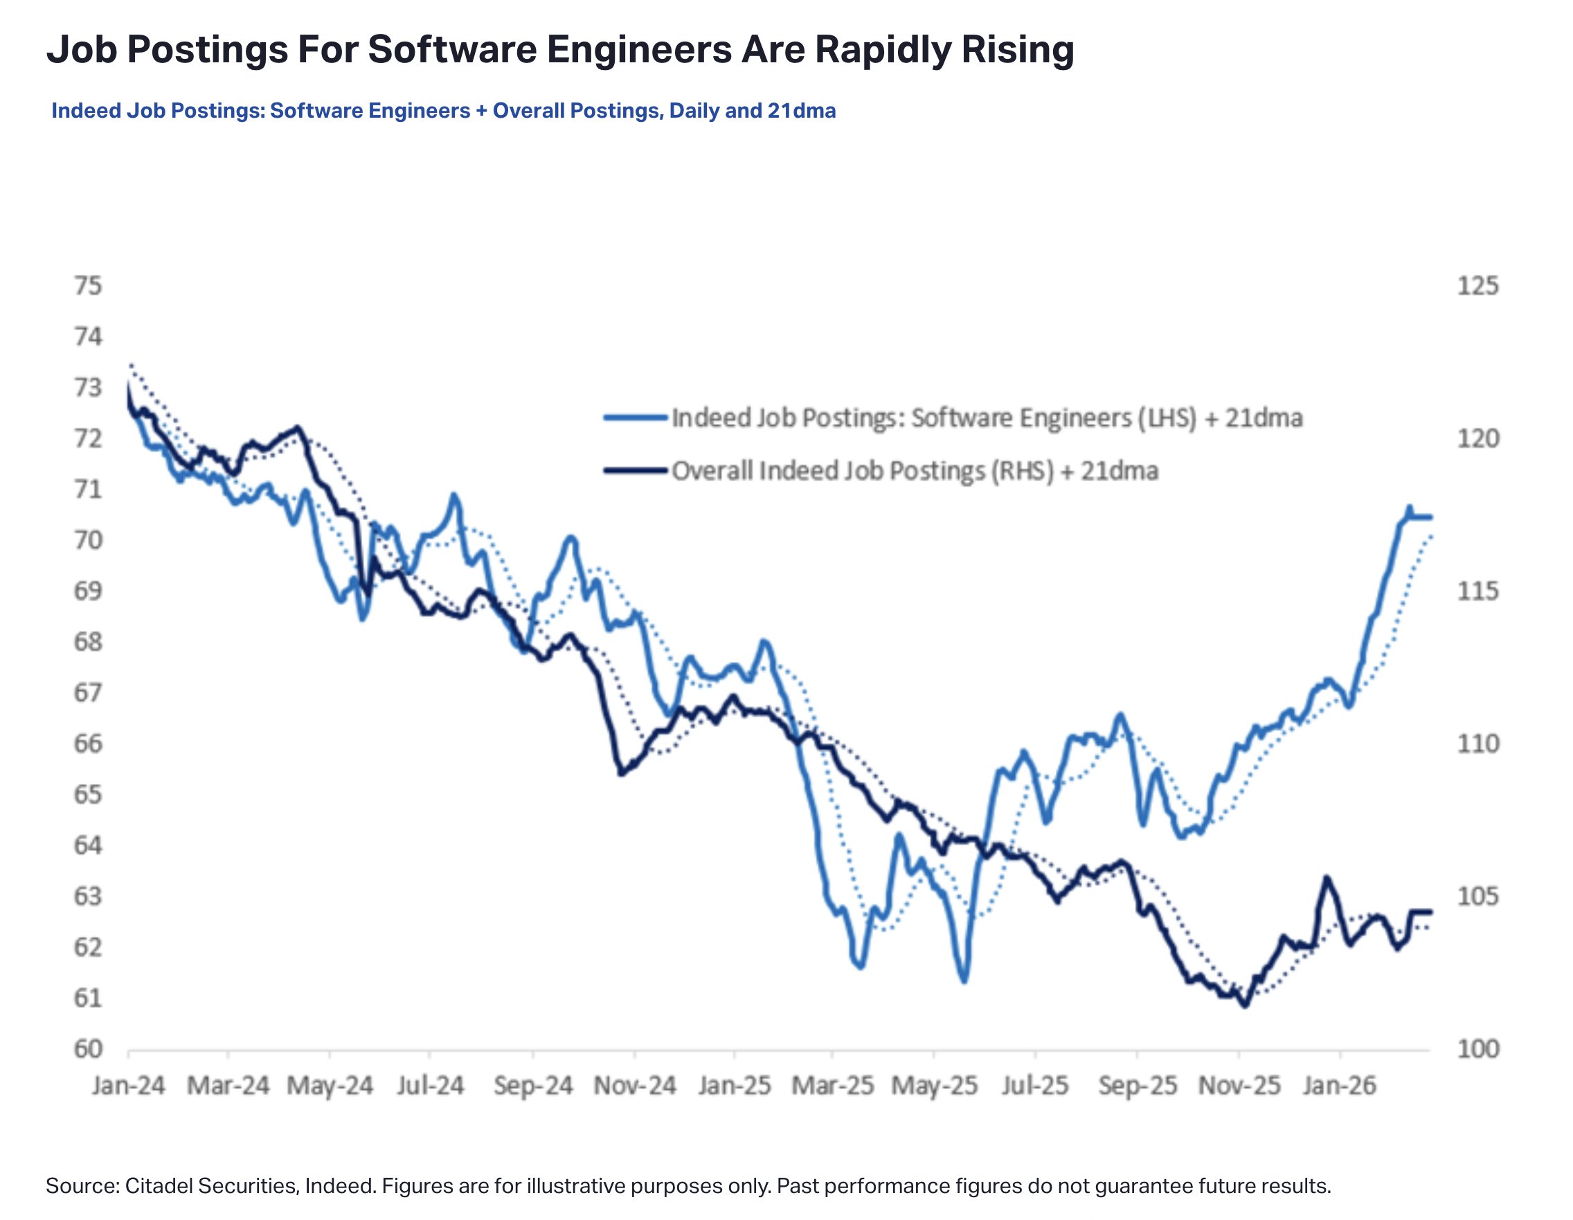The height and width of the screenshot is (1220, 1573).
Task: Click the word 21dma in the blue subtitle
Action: point(801,111)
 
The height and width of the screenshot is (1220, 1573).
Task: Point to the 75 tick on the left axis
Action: point(88,286)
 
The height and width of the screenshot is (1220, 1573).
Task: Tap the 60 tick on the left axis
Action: point(88,1049)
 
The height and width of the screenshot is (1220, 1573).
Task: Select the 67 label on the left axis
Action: point(88,693)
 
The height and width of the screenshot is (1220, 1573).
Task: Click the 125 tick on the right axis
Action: point(1477,286)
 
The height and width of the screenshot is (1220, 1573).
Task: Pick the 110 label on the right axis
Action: point(1477,743)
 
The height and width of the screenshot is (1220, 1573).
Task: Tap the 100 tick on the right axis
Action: point(1477,1049)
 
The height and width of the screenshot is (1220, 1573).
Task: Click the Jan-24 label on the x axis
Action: point(128,1085)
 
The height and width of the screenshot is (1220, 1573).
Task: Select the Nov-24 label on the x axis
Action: point(634,1085)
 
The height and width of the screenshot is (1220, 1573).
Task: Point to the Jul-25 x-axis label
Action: point(1034,1085)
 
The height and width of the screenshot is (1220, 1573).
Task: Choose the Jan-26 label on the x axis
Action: point(1339,1085)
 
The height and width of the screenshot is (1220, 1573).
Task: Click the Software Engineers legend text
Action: point(987,418)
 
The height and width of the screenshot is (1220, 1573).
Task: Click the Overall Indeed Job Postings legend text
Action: point(915,471)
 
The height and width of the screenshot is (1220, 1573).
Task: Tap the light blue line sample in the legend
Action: point(636,416)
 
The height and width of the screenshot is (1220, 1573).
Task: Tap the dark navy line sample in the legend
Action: point(636,470)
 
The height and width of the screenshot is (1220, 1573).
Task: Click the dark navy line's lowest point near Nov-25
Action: point(1245,1005)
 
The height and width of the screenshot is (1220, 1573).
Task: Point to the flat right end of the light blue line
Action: point(1423,517)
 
